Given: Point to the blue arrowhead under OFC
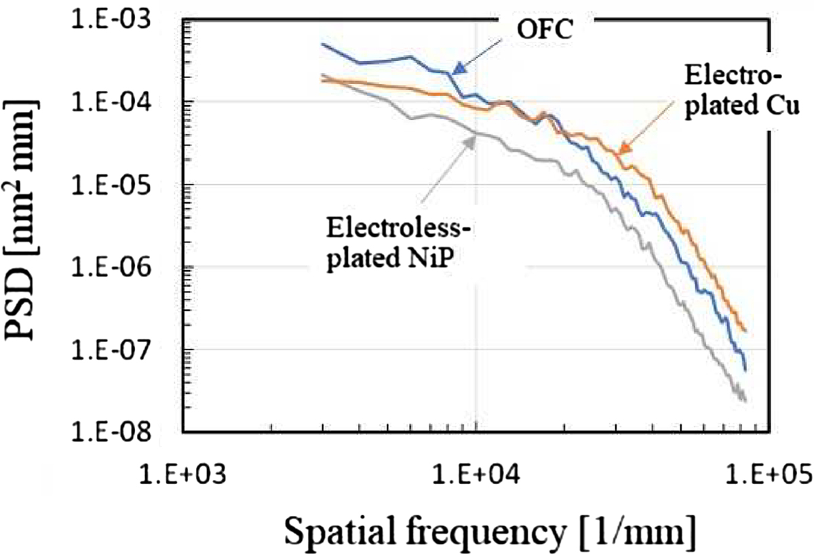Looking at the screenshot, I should [x=460, y=67].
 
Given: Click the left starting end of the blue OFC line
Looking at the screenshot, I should [x=323, y=44].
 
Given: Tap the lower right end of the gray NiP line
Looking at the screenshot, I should [x=745, y=400].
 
